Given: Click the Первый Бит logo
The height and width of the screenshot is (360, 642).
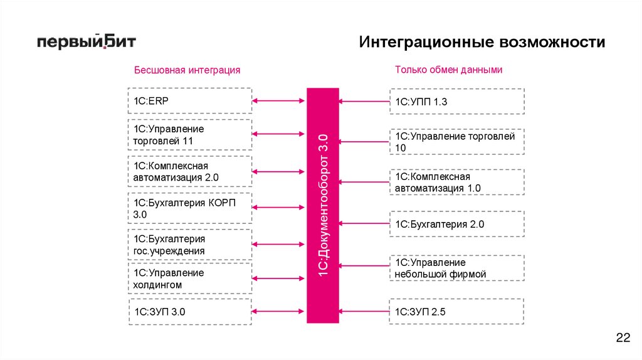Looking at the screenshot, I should pyautogui.click(x=85, y=42).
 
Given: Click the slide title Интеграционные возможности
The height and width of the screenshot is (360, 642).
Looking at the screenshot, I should pyautogui.click(x=482, y=43).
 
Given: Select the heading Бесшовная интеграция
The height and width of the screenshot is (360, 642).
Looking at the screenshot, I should pyautogui.click(x=187, y=70).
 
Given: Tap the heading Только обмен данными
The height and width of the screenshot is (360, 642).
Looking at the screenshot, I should pyautogui.click(x=448, y=70).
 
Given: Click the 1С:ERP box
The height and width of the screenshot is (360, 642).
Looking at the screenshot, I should pyautogui.click(x=189, y=100).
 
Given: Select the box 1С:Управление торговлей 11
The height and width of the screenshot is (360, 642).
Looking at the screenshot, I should pyautogui.click(x=189, y=135).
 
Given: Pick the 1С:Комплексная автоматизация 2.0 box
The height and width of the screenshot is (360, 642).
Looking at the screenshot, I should pyautogui.click(x=189, y=171).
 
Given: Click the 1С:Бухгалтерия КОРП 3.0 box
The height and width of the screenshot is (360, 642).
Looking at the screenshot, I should pyautogui.click(x=189, y=208).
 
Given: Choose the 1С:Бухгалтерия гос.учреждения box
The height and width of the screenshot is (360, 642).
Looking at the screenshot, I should pyautogui.click(x=189, y=245).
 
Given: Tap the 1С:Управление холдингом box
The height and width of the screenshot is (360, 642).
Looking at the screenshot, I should pyautogui.click(x=189, y=278).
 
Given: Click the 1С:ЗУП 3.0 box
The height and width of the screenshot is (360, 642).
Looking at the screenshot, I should pyautogui.click(x=189, y=311).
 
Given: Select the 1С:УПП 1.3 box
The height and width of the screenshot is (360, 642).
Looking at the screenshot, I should pyautogui.click(x=456, y=101).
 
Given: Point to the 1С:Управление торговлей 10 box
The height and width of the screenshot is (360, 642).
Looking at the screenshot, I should pyautogui.click(x=456, y=142).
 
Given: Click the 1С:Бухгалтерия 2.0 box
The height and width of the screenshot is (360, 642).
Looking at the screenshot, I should pyautogui.click(x=456, y=224).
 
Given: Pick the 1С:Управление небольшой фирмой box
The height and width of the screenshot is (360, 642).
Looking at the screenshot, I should pyautogui.click(x=456, y=268).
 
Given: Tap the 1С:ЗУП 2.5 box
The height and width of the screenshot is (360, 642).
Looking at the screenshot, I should pyautogui.click(x=456, y=312).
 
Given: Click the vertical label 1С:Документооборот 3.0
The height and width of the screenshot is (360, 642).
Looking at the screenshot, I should pyautogui.click(x=323, y=205).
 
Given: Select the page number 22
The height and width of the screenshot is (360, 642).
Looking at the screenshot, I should pyautogui.click(x=623, y=339).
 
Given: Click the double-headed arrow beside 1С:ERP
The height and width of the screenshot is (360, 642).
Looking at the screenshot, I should pyautogui.click(x=278, y=100).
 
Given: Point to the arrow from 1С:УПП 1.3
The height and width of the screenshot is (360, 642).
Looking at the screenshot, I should pyautogui.click(x=364, y=100).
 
